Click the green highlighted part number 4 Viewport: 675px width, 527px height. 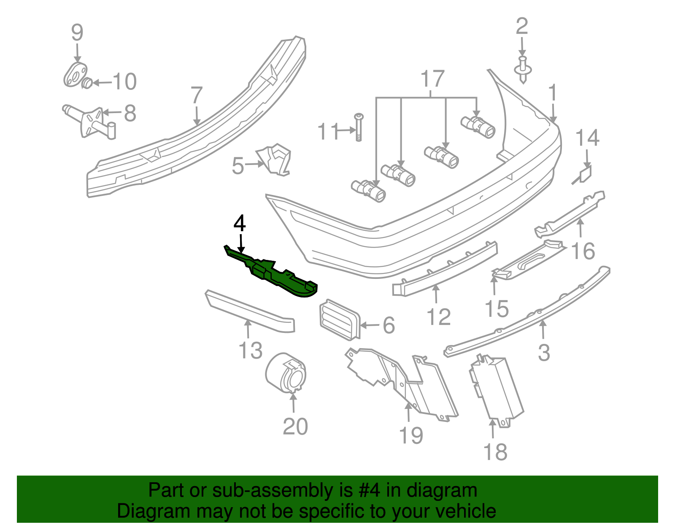click(274, 274)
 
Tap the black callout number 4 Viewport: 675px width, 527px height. click(240, 224)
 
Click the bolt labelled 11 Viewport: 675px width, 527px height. click(359, 127)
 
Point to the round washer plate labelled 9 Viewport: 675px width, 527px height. click(75, 75)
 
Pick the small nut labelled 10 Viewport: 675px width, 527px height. click(86, 83)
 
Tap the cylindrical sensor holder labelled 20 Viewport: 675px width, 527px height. click(286, 373)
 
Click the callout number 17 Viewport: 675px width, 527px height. click(432, 79)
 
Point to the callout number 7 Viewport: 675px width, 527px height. click(197, 96)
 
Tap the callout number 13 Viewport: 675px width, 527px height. click(251, 351)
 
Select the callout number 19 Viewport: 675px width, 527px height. click(411, 435)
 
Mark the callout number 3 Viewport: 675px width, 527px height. click(544, 353)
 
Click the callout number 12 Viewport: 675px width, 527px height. click(439, 317)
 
